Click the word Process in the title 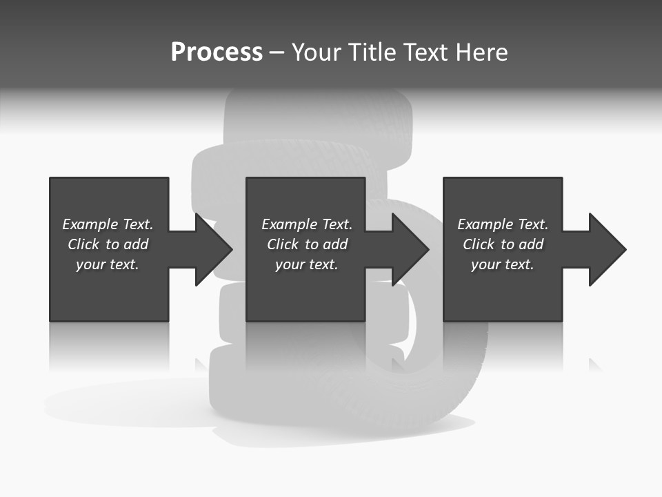[x=217, y=52]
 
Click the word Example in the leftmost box [x=90, y=224]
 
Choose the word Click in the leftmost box [x=83, y=244]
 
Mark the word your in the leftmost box [x=90, y=264]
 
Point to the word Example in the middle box [x=289, y=224]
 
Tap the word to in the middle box [x=312, y=244]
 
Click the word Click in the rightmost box [x=479, y=244]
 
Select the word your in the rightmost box [x=485, y=264]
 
